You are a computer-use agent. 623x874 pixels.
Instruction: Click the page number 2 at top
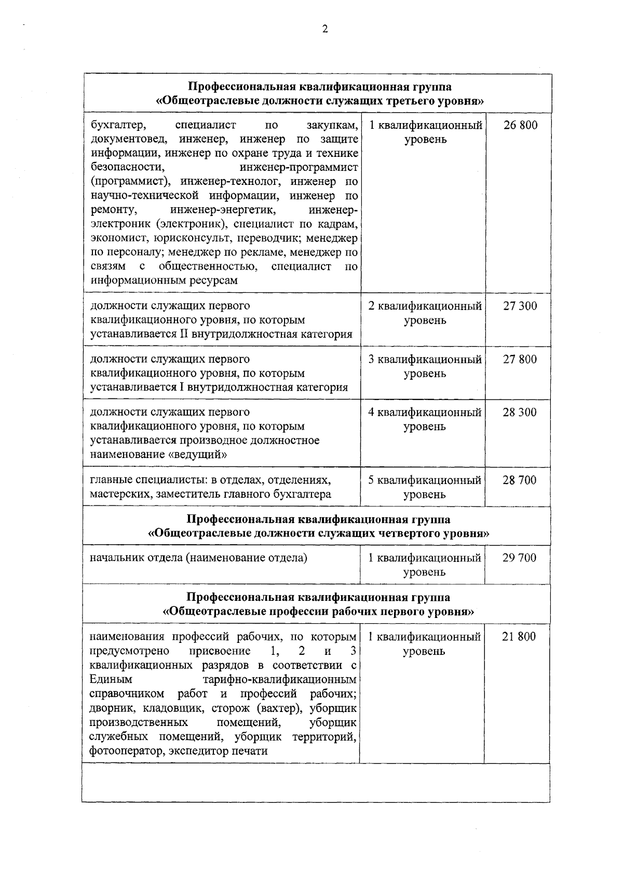[x=325, y=30]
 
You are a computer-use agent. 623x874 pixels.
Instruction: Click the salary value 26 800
[x=520, y=125]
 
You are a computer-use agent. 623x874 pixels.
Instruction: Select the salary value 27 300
[x=520, y=306]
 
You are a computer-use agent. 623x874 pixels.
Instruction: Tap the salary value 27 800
[x=520, y=359]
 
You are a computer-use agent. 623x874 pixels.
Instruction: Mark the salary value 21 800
[x=519, y=637]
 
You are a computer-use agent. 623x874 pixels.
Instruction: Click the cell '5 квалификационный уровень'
[x=425, y=487]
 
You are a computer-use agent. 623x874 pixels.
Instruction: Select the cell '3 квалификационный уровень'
[x=425, y=366]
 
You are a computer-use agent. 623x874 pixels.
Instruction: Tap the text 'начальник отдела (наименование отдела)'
[x=198, y=558]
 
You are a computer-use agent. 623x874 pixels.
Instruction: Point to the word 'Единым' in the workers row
[x=111, y=680]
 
